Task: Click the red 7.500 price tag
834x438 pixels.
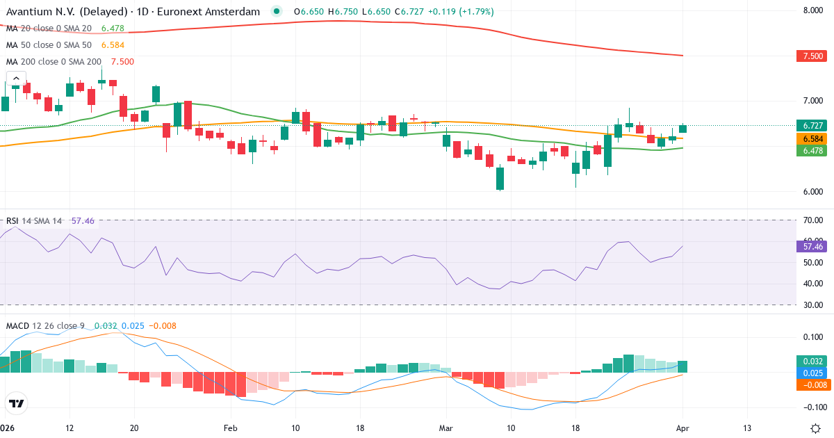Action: pos(813,56)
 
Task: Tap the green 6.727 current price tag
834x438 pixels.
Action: pos(813,126)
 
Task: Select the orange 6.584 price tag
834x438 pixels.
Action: pos(813,139)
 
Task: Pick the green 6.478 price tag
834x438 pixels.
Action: pos(813,150)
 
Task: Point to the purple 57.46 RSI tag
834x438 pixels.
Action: pos(813,246)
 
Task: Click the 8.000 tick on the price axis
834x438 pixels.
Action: pos(813,10)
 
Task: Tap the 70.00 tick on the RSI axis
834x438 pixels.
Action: pos(812,220)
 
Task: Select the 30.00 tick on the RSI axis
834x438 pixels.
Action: pos(812,305)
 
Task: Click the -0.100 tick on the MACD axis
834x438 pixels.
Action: pos(812,407)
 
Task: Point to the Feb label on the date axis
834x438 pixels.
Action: pos(231,428)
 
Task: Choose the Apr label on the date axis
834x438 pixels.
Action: pos(682,428)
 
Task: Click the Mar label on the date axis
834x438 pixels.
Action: pos(445,428)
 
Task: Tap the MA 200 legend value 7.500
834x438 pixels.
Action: pos(122,61)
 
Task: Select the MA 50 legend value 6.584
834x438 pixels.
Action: pos(113,44)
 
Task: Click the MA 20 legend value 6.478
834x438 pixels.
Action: pos(113,28)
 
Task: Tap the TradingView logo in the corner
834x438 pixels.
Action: pos(16,403)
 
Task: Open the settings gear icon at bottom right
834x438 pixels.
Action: pos(817,428)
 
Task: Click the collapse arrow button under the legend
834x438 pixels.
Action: pos(15,79)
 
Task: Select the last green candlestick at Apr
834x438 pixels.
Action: pos(682,128)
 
